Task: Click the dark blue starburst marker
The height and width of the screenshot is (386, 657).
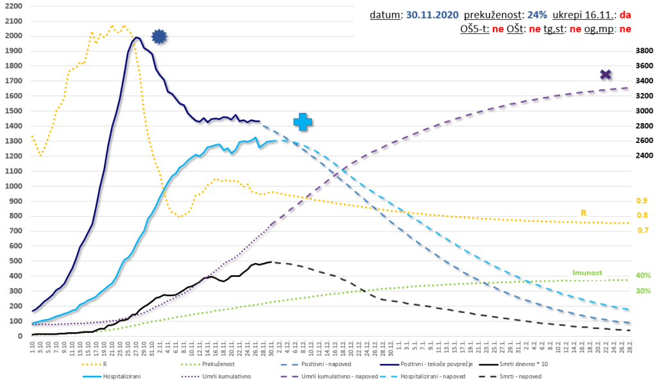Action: [159, 37]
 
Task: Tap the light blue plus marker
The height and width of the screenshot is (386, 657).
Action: [303, 122]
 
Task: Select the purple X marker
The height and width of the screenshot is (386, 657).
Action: [605, 75]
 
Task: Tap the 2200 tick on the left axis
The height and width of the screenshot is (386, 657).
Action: [13, 6]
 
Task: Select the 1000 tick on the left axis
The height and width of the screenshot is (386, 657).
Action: [13, 186]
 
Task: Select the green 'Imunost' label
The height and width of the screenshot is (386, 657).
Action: [586, 272]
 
